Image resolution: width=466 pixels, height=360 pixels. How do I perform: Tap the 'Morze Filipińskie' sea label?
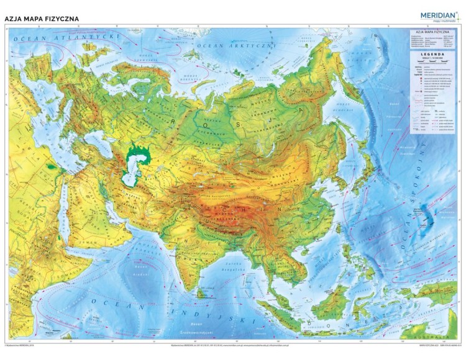point(398,248)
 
